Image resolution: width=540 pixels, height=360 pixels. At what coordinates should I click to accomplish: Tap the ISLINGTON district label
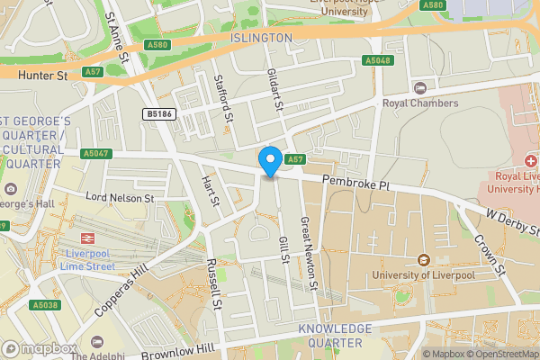262,38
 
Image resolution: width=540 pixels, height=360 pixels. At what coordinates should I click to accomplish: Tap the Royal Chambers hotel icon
419,87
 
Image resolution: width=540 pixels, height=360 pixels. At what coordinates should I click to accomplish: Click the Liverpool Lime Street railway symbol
88,238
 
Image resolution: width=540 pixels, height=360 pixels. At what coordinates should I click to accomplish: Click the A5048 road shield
376,60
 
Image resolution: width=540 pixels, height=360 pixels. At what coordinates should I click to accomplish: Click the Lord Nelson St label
120,197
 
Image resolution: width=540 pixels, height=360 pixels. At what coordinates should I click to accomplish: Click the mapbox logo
39,348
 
